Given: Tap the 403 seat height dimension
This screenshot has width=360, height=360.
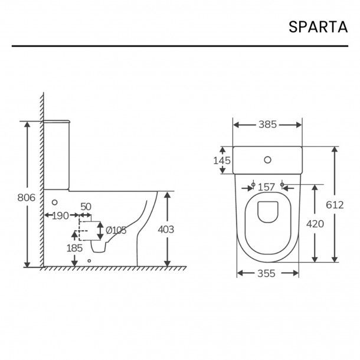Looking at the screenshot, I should point(166,230).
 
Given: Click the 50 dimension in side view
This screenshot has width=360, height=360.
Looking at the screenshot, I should point(86,206).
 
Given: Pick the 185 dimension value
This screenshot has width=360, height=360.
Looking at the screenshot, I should point(74,248).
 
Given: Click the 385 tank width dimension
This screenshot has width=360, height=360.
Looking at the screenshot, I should point(268,125).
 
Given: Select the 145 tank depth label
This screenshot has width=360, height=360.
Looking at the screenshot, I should point(221,160).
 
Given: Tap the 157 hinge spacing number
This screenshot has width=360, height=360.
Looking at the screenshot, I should point(267,187).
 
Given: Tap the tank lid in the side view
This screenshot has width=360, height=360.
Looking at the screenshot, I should point(58,120).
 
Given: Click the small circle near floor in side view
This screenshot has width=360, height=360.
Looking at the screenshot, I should point(89,260).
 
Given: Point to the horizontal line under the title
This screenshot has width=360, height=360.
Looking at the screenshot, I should point(179,45).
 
